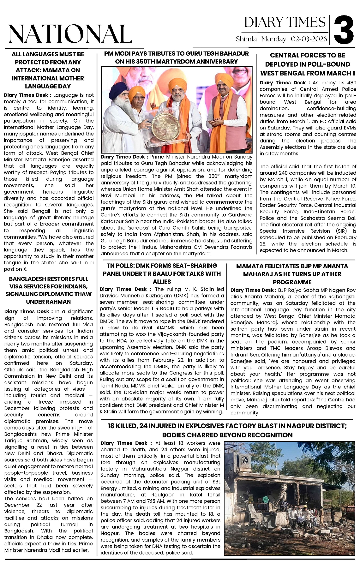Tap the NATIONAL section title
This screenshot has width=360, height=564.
click(x=70, y=34)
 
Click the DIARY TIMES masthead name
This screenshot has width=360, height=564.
click(x=285, y=22)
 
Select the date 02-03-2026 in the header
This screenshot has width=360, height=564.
click(x=309, y=39)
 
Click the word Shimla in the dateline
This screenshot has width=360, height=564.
click(x=246, y=39)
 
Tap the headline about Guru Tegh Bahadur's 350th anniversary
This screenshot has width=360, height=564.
click(x=177, y=57)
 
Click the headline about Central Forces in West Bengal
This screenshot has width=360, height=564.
click(x=308, y=64)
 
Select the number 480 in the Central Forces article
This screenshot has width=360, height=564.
click(x=351, y=83)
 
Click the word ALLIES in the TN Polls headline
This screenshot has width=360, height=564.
click(x=162, y=282)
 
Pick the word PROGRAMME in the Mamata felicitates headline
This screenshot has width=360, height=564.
click(x=292, y=282)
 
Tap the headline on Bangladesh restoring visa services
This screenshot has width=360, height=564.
click(x=48, y=290)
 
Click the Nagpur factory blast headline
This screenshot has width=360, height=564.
click(x=227, y=430)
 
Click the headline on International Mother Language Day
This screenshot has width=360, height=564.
click(x=48, y=70)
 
